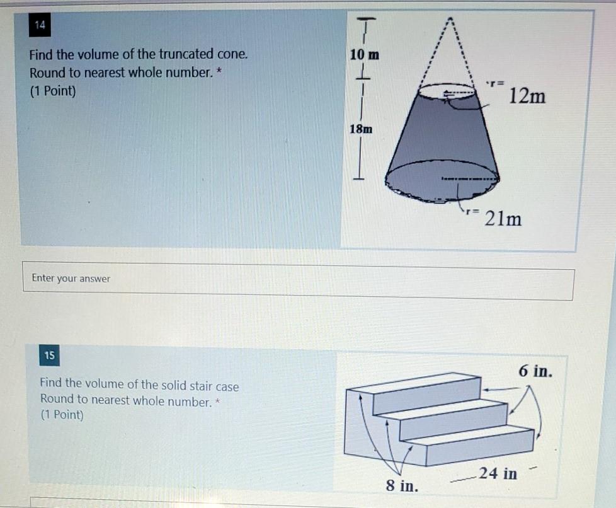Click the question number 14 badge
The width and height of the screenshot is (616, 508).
click(40, 26)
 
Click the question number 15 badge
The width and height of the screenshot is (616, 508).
click(49, 356)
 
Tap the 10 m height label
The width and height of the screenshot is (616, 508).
click(365, 55)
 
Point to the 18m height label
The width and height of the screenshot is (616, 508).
click(361, 129)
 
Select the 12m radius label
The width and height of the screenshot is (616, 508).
click(527, 96)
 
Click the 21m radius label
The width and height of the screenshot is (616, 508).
click(503, 219)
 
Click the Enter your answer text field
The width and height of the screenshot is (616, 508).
click(298, 279)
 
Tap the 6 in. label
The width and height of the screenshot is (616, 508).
click(536, 371)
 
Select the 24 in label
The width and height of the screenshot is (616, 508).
click(498, 473)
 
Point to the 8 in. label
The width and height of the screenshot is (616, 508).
click(401, 486)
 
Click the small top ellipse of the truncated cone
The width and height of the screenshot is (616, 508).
click(447, 92)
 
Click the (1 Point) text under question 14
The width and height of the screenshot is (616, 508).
click(53, 91)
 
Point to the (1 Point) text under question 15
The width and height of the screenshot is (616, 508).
click(62, 415)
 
